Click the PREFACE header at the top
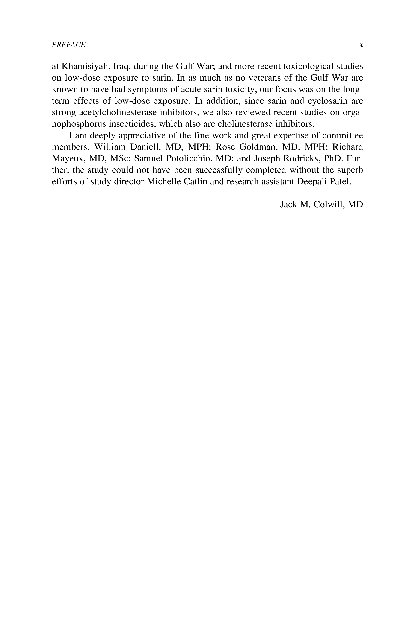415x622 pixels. tap(68, 45)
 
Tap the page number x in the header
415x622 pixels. tap(361, 45)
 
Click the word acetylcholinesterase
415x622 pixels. tap(118, 112)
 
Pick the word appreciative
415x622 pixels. tap(143, 135)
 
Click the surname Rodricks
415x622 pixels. tap(301, 158)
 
